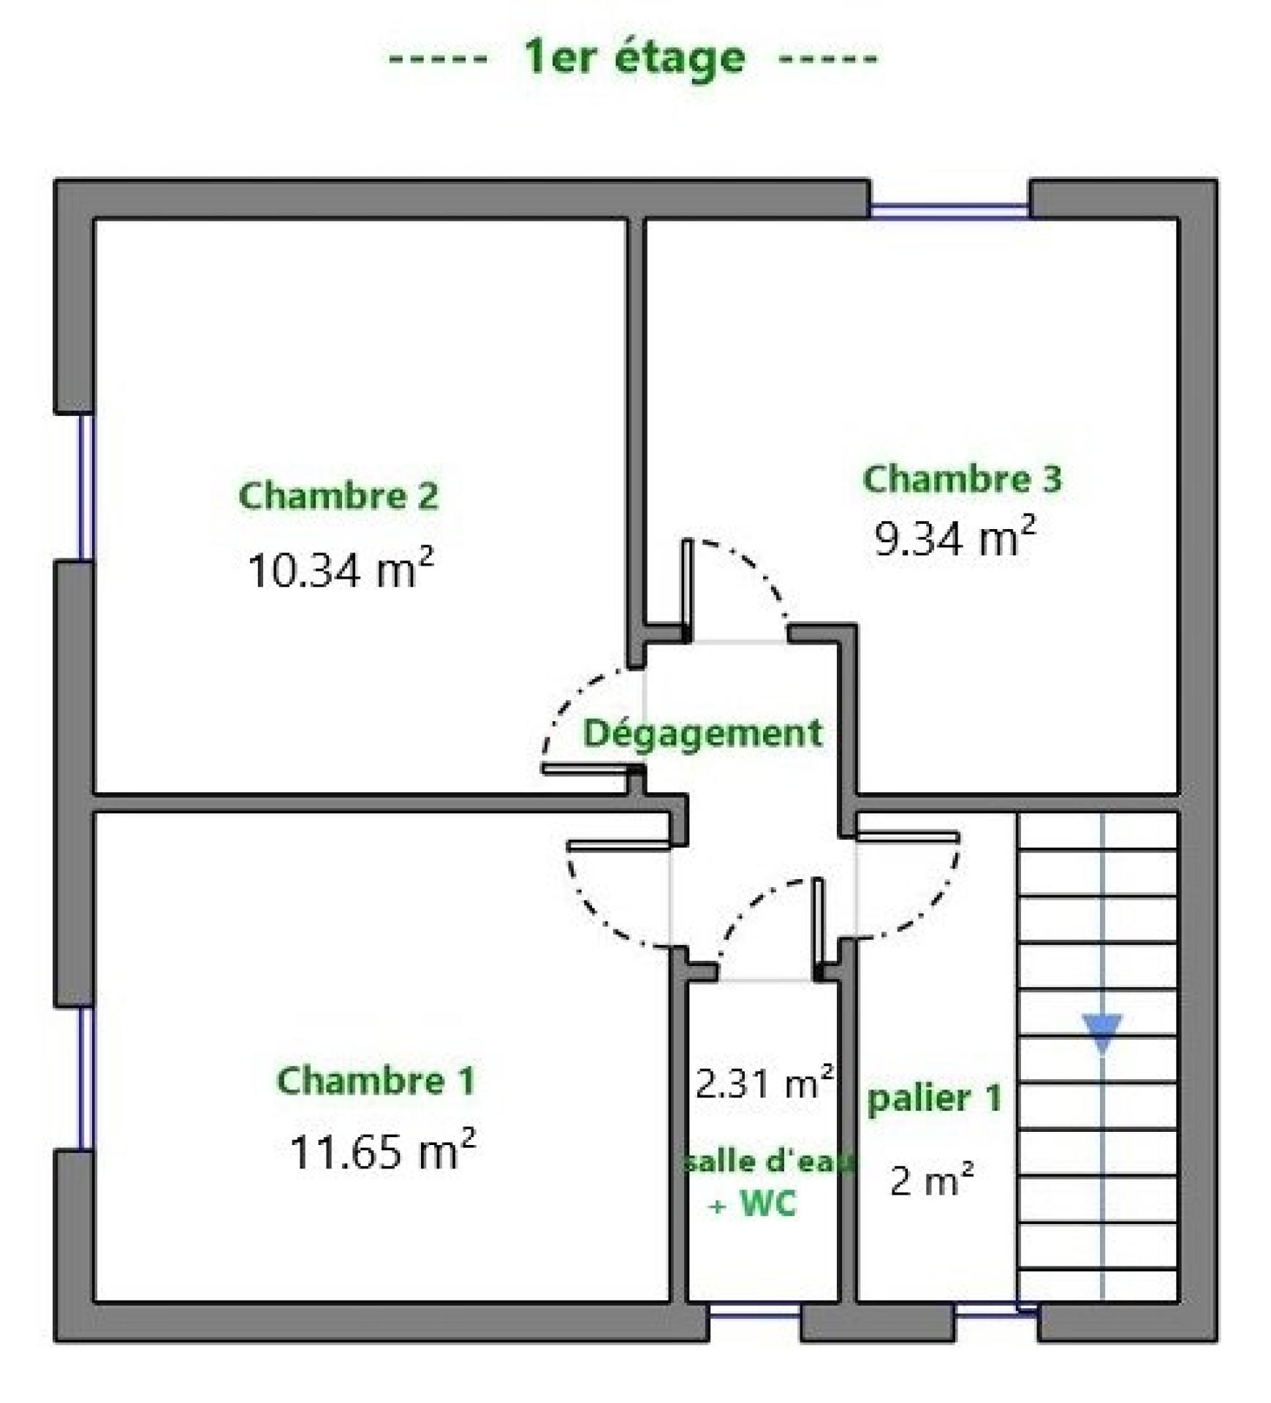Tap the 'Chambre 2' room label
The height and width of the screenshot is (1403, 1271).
[338, 495]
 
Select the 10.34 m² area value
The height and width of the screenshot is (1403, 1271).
[341, 568]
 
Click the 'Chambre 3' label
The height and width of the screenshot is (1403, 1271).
[962, 479]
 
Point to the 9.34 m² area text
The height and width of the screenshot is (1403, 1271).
[955, 537]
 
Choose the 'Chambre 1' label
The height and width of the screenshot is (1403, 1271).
[376, 1080]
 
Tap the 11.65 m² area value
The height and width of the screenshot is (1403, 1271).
[383, 1150]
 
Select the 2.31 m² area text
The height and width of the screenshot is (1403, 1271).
[765, 1082]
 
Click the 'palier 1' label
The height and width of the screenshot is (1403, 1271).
[934, 1099]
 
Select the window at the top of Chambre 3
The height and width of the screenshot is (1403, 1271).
[949, 210]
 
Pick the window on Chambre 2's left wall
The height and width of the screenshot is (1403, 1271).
[86, 487]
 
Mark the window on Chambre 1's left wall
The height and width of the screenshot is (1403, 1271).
[86, 1079]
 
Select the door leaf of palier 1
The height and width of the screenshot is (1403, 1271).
[907, 837]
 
